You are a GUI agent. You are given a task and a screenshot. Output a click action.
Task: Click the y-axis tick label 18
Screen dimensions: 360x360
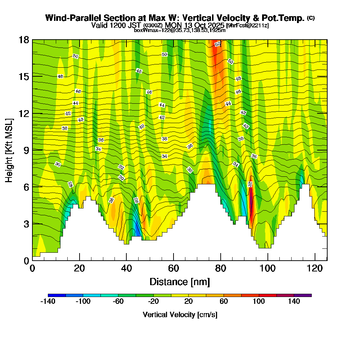point(24,40)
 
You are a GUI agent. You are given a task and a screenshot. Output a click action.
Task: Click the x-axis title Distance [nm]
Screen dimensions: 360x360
point(180,282)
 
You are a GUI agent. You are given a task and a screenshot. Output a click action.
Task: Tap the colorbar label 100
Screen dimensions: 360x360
point(259,302)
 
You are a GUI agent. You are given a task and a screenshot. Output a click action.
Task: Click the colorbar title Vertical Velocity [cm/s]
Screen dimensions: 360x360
point(180,315)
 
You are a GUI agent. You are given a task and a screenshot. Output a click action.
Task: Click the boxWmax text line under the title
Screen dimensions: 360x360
point(180,30)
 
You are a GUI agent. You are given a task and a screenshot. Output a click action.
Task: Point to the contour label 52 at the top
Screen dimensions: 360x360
point(217,44)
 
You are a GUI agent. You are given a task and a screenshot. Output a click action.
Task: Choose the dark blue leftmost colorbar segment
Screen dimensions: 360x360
point(57,295)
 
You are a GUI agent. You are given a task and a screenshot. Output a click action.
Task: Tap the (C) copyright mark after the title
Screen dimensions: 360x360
point(311,18)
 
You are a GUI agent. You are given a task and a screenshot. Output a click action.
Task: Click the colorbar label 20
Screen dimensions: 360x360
point(188,302)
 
